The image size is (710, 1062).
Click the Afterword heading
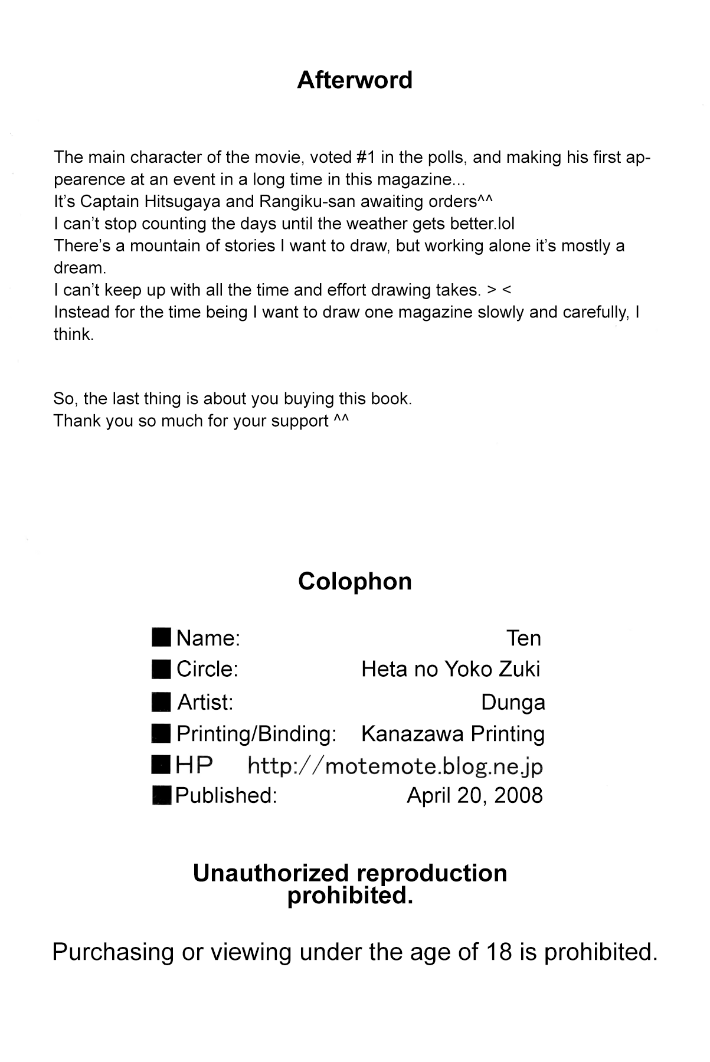[x=354, y=80]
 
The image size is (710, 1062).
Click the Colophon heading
[x=355, y=581]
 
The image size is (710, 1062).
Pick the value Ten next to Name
[x=523, y=638]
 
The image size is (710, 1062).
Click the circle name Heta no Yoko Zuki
[x=450, y=669]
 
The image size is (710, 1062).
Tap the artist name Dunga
[x=513, y=702]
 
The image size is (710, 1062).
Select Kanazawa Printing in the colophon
[x=453, y=734]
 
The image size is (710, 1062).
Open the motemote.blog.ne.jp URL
[x=395, y=766]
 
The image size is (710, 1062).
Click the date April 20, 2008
[x=475, y=795]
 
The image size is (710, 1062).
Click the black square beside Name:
[x=162, y=638]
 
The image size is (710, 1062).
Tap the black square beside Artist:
[x=162, y=702]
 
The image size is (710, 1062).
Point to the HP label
[x=194, y=766]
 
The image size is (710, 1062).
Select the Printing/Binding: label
[x=256, y=734]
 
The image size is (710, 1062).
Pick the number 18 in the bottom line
[x=500, y=952]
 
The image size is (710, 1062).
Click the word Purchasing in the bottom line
[x=113, y=952]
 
